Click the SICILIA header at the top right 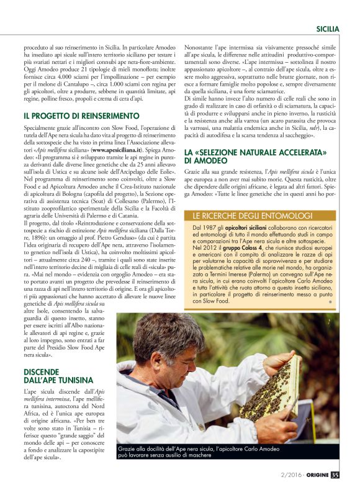327,29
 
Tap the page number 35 336,476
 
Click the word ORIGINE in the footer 315,476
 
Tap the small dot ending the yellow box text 330,301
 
